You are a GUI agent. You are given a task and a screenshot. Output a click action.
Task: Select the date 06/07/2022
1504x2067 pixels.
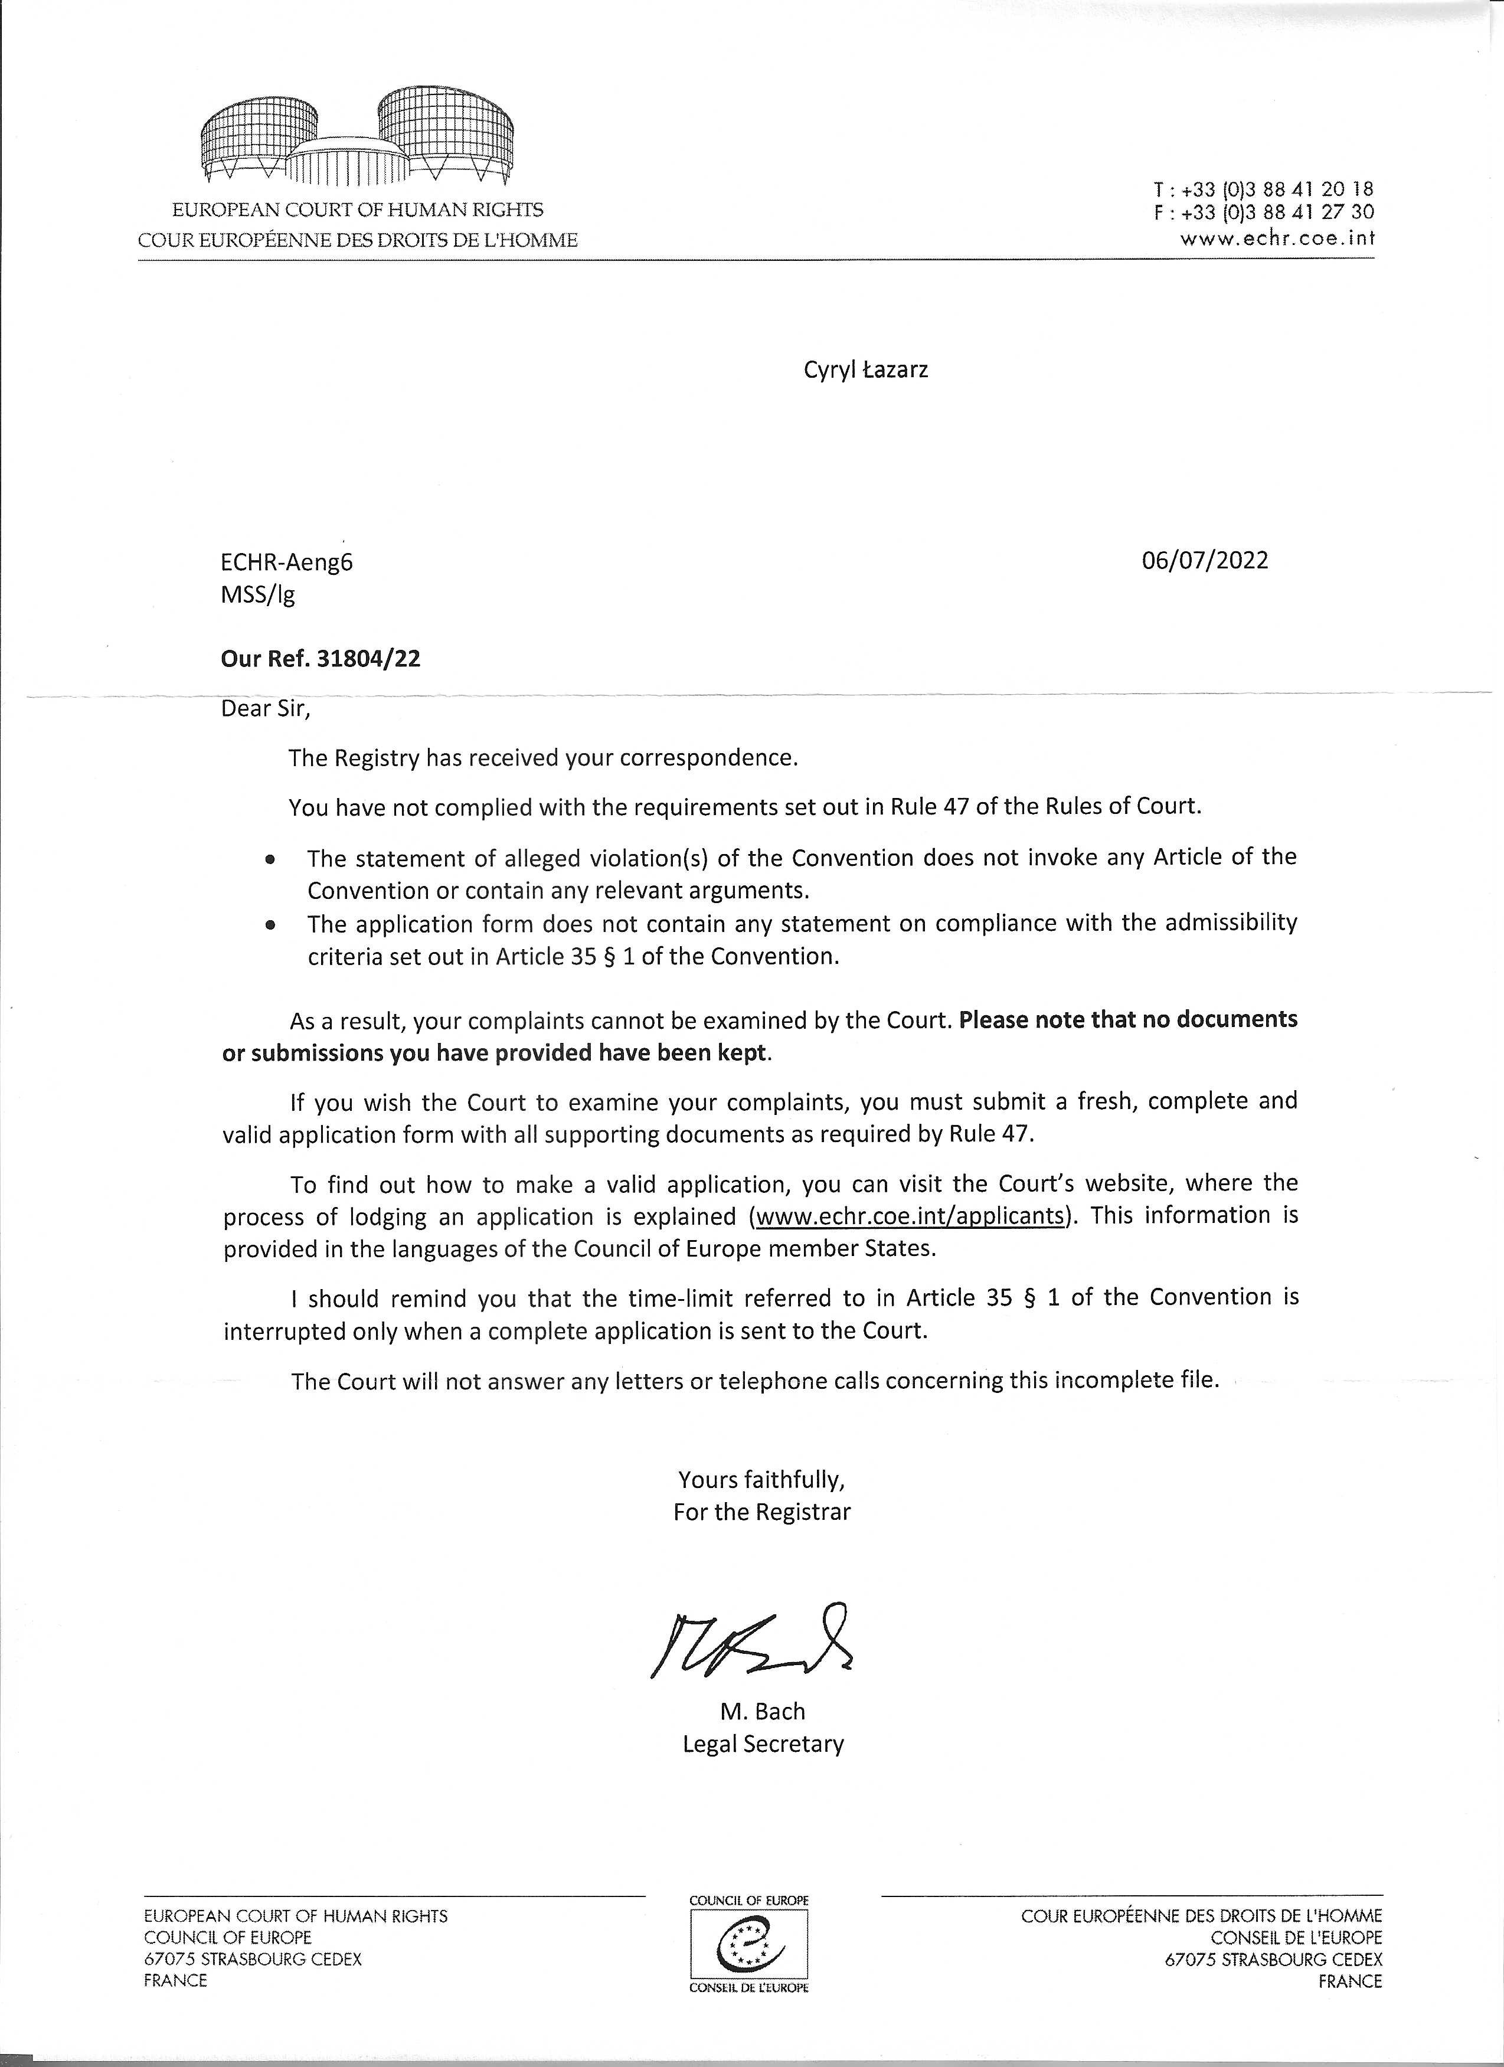point(1204,560)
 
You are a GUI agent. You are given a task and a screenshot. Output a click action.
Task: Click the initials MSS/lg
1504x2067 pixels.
point(258,595)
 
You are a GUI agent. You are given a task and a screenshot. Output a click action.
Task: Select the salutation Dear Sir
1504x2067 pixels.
point(265,708)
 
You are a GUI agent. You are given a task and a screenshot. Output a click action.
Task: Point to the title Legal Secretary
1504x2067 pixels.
point(763,1744)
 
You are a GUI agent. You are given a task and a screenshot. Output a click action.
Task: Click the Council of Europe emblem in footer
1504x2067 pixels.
point(749,1948)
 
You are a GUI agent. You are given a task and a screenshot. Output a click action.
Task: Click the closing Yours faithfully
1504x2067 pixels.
point(761,1479)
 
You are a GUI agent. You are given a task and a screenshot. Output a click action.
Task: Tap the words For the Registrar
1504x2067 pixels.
point(761,1512)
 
